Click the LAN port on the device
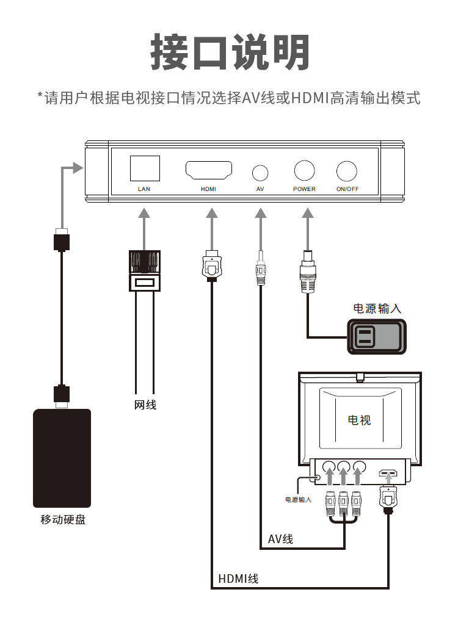tap(145, 168)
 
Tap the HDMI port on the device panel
tap(208, 170)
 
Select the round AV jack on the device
tap(261, 172)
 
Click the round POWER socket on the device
tap(304, 170)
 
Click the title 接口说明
tap(229, 52)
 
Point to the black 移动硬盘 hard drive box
tap(62, 458)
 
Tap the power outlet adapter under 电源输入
tap(376, 336)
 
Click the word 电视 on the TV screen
tap(359, 420)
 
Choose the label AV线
tap(280, 539)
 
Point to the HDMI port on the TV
tap(388, 472)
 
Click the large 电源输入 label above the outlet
tap(377, 309)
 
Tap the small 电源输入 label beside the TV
tap(298, 500)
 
